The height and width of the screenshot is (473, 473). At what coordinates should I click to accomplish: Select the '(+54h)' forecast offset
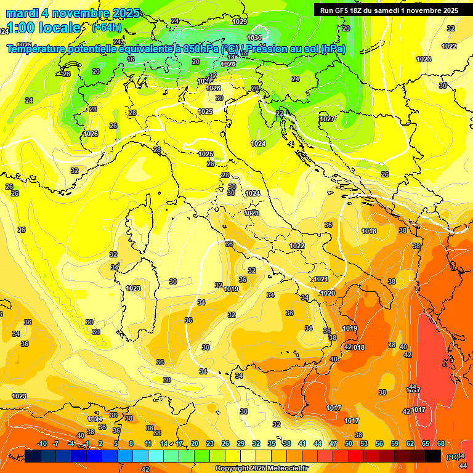pyautogui.click(x=107, y=28)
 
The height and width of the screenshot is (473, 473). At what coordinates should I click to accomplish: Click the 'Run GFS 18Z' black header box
pyautogui.click(x=389, y=10)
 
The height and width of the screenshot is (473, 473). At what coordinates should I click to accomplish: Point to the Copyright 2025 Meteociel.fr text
pyautogui.click(x=261, y=468)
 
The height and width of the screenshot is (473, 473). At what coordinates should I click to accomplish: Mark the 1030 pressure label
pyautogui.click(x=254, y=38)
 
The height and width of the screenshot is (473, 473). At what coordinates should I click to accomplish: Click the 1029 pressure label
pyautogui.click(x=240, y=22)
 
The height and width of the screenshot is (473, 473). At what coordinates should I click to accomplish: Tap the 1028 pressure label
pyautogui.click(x=228, y=64)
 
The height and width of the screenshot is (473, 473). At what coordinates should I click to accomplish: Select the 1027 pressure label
pyautogui.click(x=327, y=119)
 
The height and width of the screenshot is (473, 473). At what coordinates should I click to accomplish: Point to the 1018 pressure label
pyautogui.click(x=369, y=231)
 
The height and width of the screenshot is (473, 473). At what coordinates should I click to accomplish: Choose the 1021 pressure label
pyautogui.click(x=321, y=279)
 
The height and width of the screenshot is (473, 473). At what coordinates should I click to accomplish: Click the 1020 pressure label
pyautogui.click(x=328, y=293)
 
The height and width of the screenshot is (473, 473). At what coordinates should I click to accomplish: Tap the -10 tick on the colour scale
pyautogui.click(x=42, y=444)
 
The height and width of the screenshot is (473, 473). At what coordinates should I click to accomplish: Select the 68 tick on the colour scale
pyautogui.click(x=441, y=444)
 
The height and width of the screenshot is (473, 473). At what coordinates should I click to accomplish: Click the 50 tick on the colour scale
pyautogui.click(x=349, y=444)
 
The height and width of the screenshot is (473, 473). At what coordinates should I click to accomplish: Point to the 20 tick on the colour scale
pyautogui.click(x=195, y=444)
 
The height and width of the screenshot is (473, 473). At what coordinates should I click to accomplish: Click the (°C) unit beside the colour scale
pyautogui.click(x=451, y=456)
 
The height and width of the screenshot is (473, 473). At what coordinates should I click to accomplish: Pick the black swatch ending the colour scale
pyautogui.click(x=433, y=456)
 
